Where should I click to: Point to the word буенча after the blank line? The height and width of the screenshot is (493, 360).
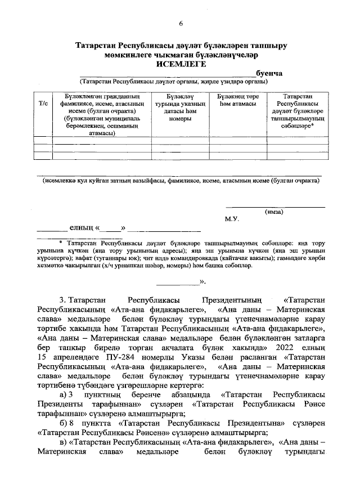[x=268, y=73]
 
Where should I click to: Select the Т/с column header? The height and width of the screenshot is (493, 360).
[x=43, y=104]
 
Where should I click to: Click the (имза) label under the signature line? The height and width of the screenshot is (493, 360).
[x=274, y=212]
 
